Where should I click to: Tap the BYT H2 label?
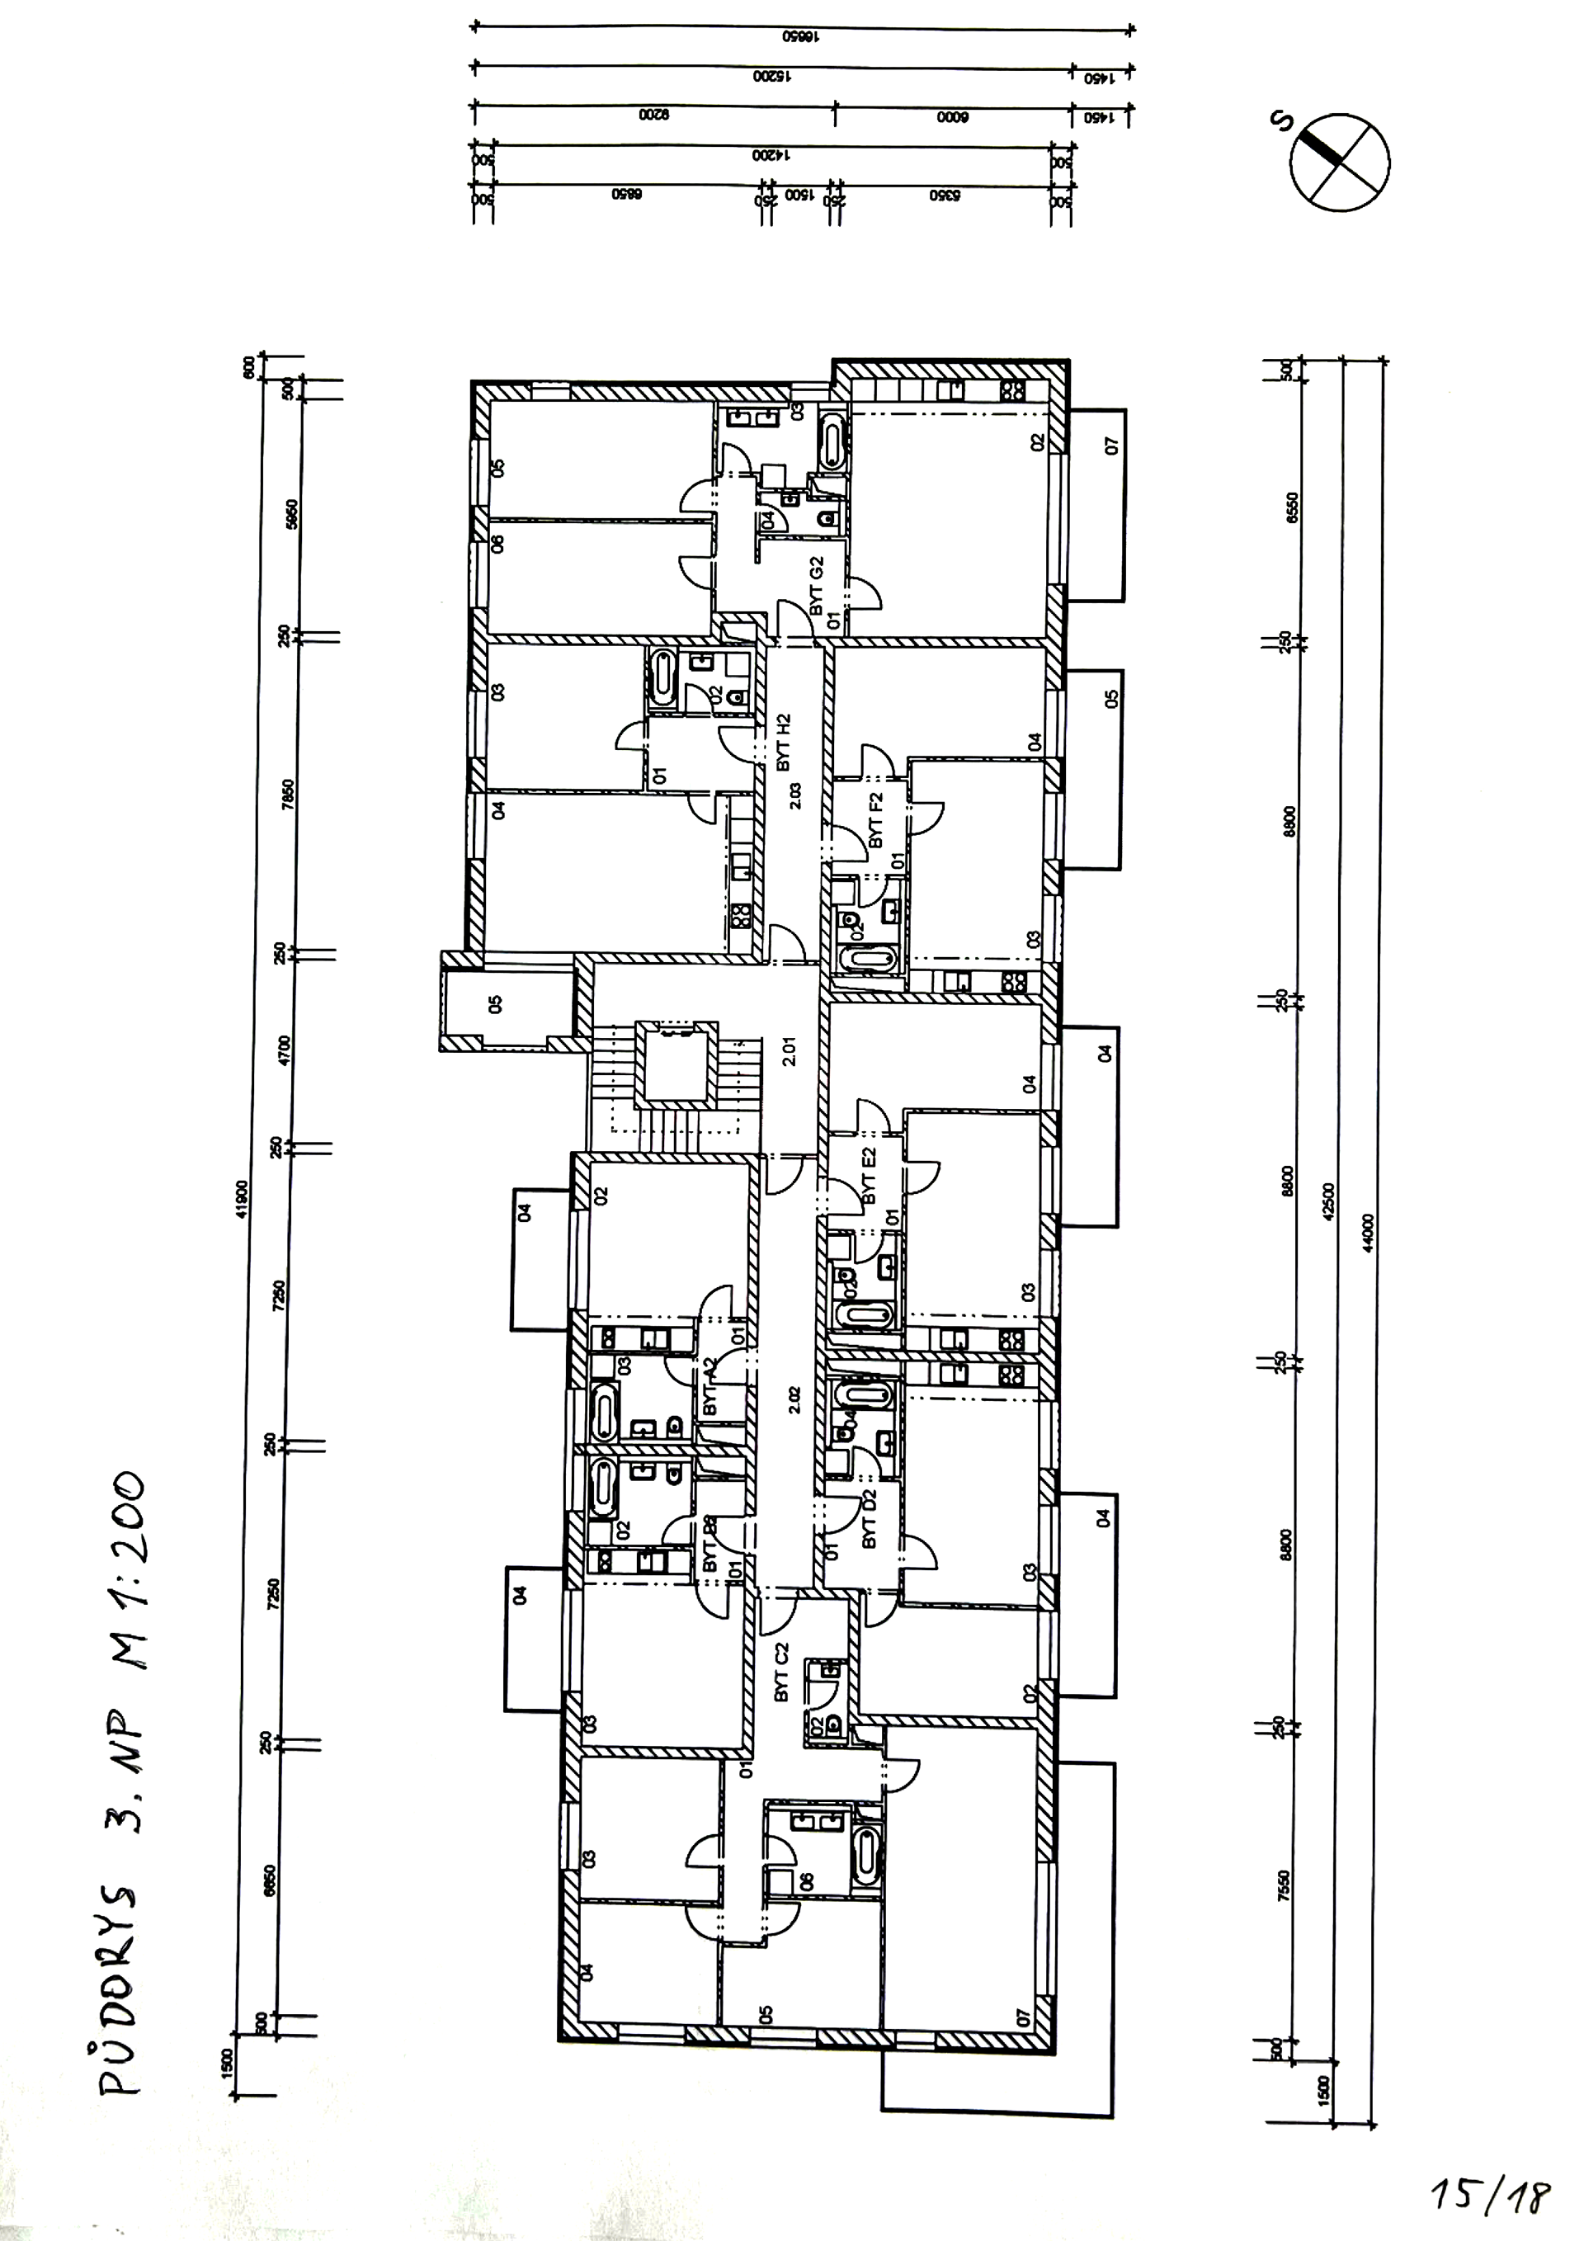click(x=784, y=742)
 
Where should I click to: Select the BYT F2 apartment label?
click(x=875, y=820)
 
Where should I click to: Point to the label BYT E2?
click(x=869, y=1175)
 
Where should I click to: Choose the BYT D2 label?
click(x=870, y=1517)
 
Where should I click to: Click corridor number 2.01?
click(x=790, y=1050)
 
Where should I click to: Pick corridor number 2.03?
click(x=794, y=795)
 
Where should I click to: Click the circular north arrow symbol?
click(x=1339, y=162)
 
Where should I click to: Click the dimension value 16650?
click(x=799, y=37)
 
